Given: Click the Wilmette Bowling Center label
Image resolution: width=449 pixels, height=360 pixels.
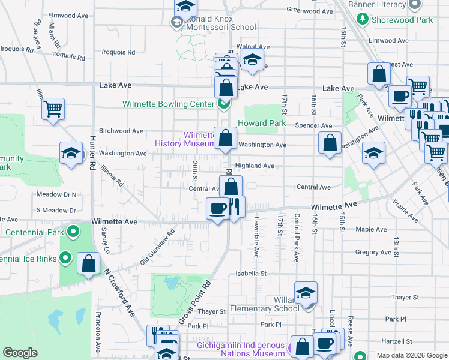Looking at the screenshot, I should [168, 104].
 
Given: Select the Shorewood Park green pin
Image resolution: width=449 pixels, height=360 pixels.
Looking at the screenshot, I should [363, 19].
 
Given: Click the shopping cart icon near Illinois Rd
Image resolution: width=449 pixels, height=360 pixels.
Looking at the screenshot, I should [53, 109].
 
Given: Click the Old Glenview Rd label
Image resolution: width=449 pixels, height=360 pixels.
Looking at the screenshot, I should [157, 247].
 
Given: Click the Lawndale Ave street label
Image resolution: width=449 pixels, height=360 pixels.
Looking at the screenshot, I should [255, 237].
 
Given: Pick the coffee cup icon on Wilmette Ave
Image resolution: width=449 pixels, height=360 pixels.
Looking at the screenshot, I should [217, 208].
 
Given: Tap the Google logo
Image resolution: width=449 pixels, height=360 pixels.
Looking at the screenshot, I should [20, 353].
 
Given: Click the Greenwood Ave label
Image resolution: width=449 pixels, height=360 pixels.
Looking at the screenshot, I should [310, 10].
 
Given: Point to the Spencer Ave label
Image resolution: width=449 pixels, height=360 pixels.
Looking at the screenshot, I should [313, 126].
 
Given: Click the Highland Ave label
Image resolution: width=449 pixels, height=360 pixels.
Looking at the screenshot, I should [255, 166].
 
